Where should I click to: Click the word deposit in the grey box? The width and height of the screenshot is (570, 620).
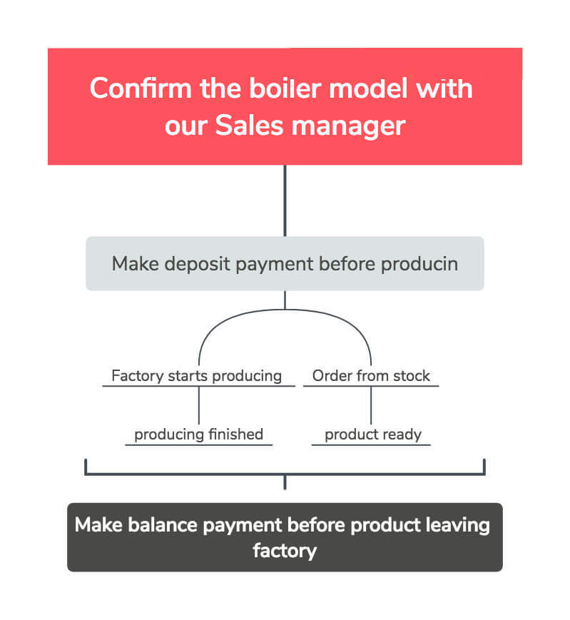[x=198, y=263]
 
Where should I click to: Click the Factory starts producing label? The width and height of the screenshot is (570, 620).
[x=197, y=375]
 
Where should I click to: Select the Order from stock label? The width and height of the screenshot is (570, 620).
[x=371, y=375]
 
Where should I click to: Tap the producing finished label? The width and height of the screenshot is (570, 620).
[x=198, y=434]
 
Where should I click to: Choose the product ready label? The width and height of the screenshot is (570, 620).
[x=372, y=434]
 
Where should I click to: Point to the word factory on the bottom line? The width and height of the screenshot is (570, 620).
[x=284, y=551]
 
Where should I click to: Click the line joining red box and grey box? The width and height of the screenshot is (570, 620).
[x=285, y=200]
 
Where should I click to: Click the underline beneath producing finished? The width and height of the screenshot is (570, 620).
[x=198, y=445]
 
